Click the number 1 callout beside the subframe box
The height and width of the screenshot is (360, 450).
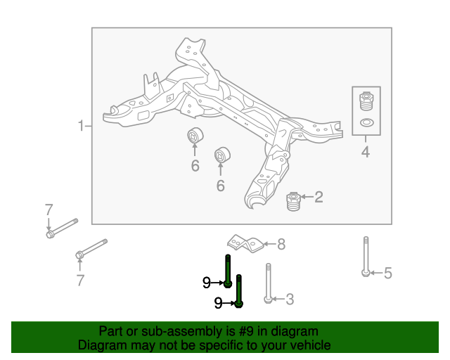pos(80,127)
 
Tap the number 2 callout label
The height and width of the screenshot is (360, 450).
pos(319,197)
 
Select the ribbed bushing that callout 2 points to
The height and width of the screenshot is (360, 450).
pos(293,202)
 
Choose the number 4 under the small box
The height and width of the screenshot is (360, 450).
pos(366,153)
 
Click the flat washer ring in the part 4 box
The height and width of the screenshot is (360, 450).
pos(366,124)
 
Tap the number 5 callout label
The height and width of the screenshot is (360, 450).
pos(387,274)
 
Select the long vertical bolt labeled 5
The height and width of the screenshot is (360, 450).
pos(366,257)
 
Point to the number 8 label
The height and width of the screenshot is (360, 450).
pos(281,245)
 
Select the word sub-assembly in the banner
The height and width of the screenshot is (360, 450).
pos(175,331)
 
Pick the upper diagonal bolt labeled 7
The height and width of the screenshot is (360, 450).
pos(63,228)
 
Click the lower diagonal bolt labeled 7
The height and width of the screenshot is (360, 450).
pos(92,247)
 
